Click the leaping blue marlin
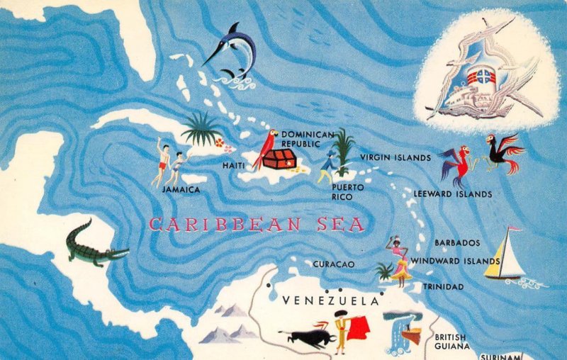[x=231, y=51]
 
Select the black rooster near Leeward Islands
[x=503, y=152]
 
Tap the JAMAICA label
[x=181, y=190]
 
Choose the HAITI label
[x=234, y=165]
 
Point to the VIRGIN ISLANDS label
[x=395, y=157]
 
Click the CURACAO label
[x=333, y=264]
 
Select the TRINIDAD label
[x=443, y=287]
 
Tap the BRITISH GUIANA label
[x=451, y=342]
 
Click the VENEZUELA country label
[x=330, y=301]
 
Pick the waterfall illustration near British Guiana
[x=400, y=333]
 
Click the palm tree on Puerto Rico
[x=344, y=149]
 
